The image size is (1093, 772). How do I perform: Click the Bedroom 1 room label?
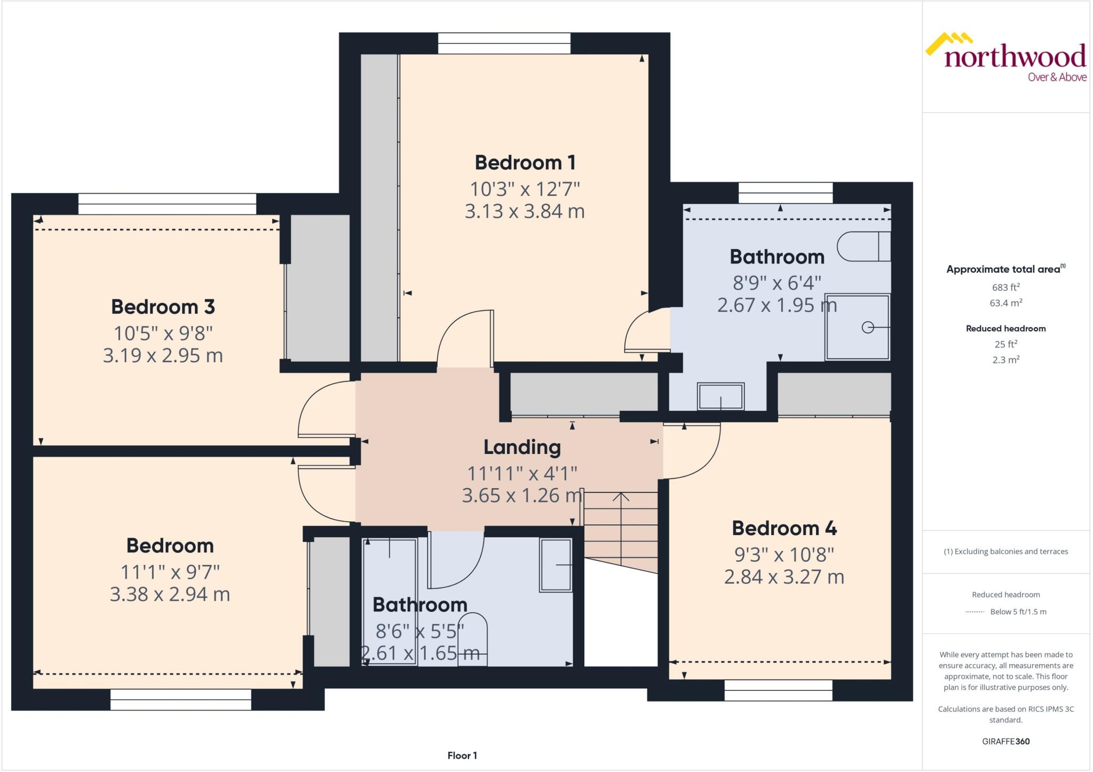tap(525, 163)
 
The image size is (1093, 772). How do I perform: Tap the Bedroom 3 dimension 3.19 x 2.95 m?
tap(163, 356)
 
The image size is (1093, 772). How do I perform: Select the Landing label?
tap(522, 447)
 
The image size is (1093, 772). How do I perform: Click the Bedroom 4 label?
tap(784, 528)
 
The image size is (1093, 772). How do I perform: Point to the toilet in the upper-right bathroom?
tap(863, 246)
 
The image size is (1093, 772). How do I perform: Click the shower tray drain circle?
tap(868, 328)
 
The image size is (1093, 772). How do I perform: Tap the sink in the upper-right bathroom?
tap(720, 396)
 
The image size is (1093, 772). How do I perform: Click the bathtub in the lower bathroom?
tap(390, 600)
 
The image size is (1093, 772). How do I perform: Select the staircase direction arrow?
tap(620, 497)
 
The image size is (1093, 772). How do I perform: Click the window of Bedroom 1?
tap(504, 43)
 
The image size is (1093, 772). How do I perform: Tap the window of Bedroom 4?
tap(778, 690)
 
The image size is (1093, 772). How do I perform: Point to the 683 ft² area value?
tap(1005, 288)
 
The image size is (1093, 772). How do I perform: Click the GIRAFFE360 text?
tap(1005, 741)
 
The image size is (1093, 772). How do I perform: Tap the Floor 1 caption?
tap(462, 755)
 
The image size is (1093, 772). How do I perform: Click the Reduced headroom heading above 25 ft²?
tap(1005, 329)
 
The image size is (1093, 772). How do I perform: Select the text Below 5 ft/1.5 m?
tap(1018, 612)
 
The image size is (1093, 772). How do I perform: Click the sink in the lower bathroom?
tap(556, 565)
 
